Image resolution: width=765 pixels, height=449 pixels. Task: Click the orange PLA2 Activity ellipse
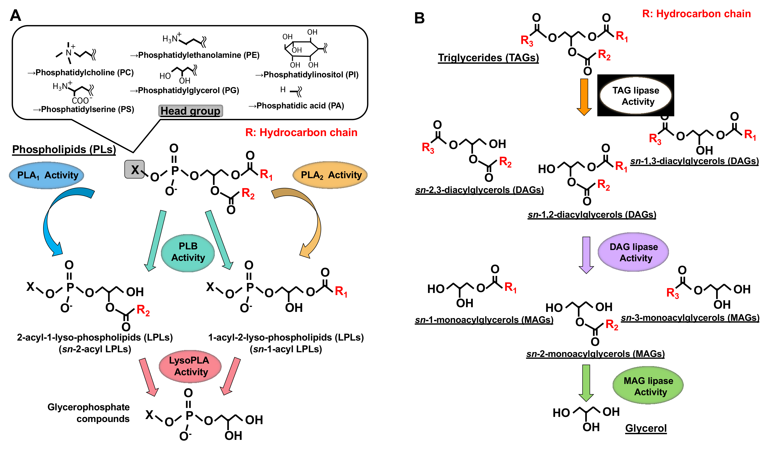pyautogui.click(x=330, y=175)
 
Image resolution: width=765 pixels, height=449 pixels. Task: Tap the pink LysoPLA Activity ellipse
pyautogui.click(x=190, y=366)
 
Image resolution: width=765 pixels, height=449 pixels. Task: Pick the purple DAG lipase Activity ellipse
pyautogui.click(x=633, y=252)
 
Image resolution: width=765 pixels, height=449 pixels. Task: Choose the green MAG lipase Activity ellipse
pyautogui.click(x=648, y=386)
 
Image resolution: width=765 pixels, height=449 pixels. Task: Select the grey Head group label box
pyautogui.click(x=190, y=111)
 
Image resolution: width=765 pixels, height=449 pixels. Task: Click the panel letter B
pyautogui.click(x=419, y=18)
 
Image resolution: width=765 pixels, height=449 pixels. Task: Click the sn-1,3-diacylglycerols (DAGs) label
pyautogui.click(x=694, y=161)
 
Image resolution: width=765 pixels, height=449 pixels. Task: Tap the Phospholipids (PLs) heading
pyautogui.click(x=64, y=149)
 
